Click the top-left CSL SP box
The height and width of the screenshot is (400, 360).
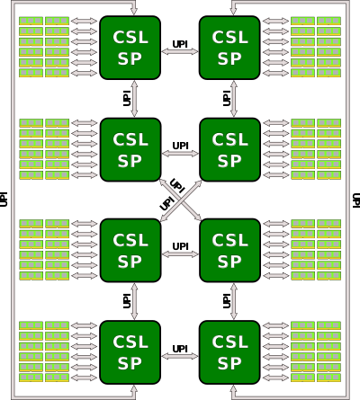[x=130, y=48]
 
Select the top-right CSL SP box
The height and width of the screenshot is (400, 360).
[x=229, y=48]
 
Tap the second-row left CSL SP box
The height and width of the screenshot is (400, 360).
[x=130, y=149]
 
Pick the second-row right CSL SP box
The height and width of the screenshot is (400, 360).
[x=229, y=149]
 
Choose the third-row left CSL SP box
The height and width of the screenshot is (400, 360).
[x=130, y=251]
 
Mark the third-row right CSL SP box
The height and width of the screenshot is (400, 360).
[x=229, y=251]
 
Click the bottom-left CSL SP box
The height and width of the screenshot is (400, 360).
[x=130, y=352]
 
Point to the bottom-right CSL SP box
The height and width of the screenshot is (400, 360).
[x=229, y=352]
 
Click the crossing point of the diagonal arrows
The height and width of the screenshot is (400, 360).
[x=180, y=200]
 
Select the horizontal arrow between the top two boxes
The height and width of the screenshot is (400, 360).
[x=180, y=51]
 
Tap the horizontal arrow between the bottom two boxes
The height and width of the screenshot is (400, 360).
[x=180, y=356]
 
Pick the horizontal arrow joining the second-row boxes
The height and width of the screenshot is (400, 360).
[x=180, y=153]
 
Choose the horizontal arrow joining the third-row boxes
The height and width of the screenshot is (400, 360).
[x=180, y=254]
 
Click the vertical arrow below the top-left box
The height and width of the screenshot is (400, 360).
[x=135, y=98]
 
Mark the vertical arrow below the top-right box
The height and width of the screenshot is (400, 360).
[x=232, y=98]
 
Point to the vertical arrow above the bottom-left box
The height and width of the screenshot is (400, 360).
[x=135, y=301]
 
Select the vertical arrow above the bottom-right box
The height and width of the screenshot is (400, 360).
[x=232, y=301]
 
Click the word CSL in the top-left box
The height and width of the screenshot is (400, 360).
[x=130, y=38]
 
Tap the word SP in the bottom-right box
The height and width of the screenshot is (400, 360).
[x=229, y=364]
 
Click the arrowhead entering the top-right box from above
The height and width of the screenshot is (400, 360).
[x=232, y=12]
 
